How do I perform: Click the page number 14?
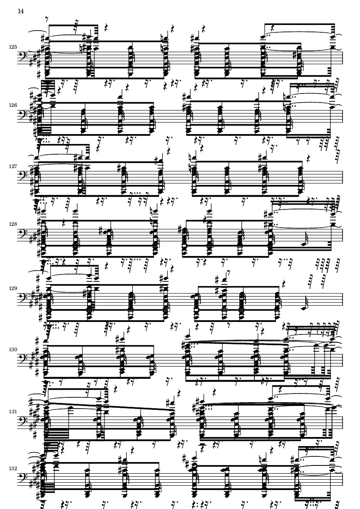(20, 11)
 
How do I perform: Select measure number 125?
(13, 47)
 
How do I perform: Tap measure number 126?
(13, 105)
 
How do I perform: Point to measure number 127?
(13, 166)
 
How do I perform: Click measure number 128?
(13, 224)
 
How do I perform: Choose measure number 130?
(13, 350)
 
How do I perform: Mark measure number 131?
(13, 412)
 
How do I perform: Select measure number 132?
(13, 469)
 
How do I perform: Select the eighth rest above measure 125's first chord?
(47, 19)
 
